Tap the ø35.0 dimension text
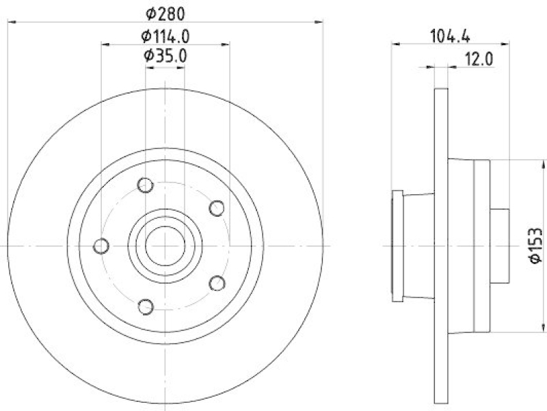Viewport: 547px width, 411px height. point(165,56)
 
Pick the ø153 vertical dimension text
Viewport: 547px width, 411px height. point(537,245)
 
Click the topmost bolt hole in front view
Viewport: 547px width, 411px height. point(145,185)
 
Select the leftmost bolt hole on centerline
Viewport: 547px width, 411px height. point(101,245)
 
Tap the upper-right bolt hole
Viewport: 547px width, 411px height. point(217,208)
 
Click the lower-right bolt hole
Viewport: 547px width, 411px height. point(217,282)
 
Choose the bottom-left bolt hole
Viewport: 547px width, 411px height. point(145,306)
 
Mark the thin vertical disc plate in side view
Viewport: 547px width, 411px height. point(441,245)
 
